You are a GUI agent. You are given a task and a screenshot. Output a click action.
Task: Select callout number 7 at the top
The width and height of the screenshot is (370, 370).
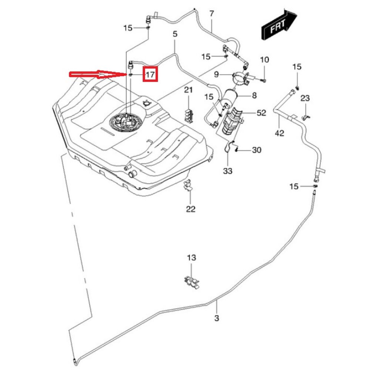point(212,14)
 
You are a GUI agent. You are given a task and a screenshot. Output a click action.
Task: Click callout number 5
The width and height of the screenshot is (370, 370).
point(175,34)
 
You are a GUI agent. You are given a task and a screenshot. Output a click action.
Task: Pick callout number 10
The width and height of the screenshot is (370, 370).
point(265,60)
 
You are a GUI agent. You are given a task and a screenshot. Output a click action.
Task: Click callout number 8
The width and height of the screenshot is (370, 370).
point(254,96)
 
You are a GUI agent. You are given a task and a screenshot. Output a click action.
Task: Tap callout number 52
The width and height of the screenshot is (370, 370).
point(261,113)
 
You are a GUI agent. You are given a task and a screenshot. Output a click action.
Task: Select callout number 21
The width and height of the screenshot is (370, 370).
point(189,90)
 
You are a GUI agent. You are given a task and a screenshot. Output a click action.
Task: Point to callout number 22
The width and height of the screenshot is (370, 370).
point(191,209)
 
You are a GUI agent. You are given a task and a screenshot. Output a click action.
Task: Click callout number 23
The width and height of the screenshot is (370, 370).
point(305,98)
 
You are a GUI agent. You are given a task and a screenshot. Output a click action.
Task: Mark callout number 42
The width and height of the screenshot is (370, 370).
point(279,133)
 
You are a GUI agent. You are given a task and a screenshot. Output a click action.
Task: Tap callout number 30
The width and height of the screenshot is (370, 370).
point(256,150)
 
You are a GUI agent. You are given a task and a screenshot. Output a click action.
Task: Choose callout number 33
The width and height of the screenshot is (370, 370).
point(228,171)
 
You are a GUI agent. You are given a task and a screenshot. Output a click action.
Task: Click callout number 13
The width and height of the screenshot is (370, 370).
point(191,258)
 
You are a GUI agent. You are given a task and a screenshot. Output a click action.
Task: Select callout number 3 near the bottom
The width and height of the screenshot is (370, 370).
point(217,317)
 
